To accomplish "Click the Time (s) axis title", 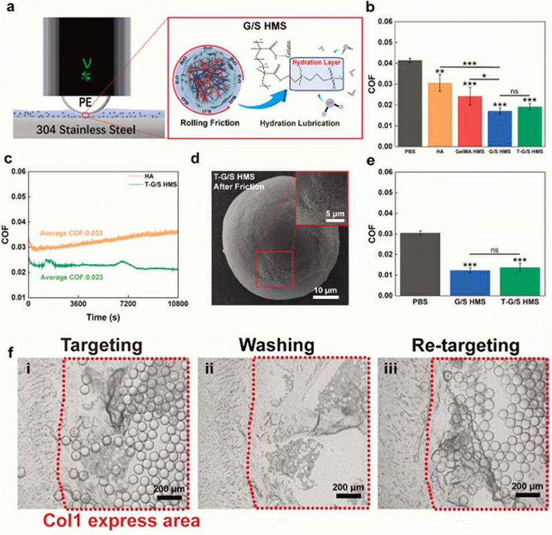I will pyautogui.click(x=103, y=316).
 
